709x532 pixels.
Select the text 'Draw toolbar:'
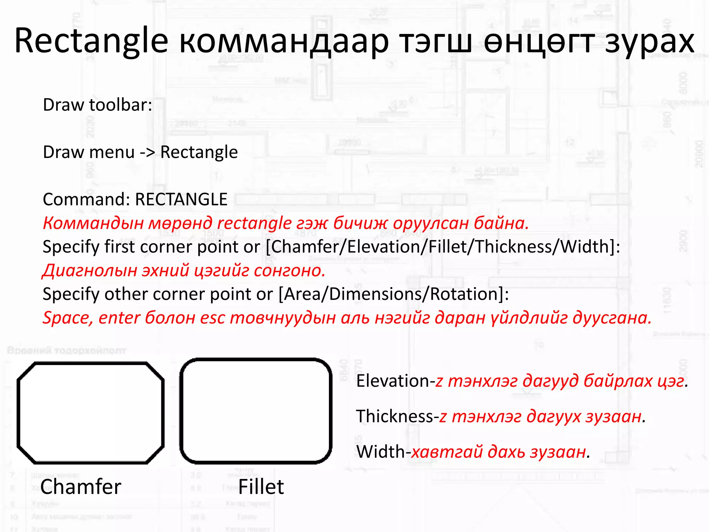pos(97,105)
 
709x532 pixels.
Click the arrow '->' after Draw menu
pos(147,152)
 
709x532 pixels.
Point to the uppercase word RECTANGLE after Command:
pos(181,199)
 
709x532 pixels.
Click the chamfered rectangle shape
pos(90,413)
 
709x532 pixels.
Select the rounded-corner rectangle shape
pos(256,411)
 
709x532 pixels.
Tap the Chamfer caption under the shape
pos(81,487)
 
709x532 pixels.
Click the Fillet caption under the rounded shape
pos(261,487)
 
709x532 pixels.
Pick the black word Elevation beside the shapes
pos(393,381)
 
